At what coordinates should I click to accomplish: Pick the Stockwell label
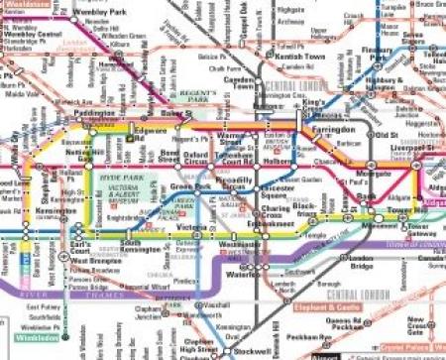(x=248, y=350)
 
